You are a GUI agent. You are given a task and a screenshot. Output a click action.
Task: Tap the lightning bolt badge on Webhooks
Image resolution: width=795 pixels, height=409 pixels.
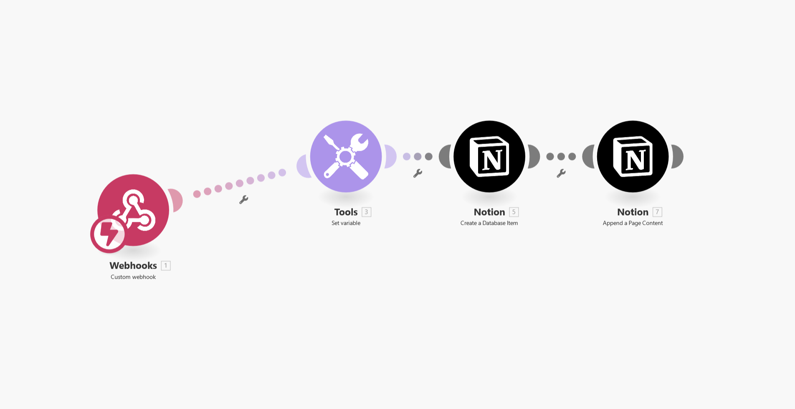pos(108,234)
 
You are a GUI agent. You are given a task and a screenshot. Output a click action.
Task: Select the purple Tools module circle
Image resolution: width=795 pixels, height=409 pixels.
pos(346,156)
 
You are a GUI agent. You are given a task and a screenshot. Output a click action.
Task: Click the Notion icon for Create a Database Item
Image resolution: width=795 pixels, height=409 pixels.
pos(489,156)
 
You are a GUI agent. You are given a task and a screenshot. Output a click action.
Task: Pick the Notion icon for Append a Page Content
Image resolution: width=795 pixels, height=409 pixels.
pos(633,156)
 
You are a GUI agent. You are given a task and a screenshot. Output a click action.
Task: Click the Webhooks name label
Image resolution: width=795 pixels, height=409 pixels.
pos(133,266)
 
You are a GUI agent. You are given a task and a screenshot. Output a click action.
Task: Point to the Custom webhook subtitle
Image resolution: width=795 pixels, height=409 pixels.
pos(133,277)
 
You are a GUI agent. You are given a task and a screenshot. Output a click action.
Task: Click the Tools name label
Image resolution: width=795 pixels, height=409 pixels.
pos(346,212)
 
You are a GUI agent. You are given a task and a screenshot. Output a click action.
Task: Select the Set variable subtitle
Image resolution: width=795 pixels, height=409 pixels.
pos(346,223)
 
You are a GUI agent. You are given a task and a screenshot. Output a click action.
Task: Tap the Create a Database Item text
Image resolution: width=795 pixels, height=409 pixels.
pos(489,223)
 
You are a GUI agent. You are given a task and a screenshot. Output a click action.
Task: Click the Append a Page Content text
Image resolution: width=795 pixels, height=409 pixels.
pos(633,223)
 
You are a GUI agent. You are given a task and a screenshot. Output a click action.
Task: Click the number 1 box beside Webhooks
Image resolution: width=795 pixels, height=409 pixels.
pos(166,266)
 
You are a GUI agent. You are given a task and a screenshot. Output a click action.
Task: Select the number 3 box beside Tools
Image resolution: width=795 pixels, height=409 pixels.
pos(366,212)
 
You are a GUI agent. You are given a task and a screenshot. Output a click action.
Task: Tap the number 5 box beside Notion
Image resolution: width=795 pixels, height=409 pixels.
pos(514,212)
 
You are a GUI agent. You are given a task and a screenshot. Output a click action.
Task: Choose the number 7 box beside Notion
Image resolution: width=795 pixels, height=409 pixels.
pos(657,212)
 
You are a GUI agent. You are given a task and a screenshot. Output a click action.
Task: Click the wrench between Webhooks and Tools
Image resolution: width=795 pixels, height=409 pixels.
pos(244,200)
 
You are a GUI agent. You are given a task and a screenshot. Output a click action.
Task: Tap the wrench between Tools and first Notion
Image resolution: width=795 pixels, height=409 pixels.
pos(418,173)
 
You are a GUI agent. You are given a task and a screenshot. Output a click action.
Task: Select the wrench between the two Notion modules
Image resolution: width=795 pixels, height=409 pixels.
pos(561,173)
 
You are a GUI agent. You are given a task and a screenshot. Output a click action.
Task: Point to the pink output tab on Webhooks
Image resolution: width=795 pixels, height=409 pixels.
pos(177,201)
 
